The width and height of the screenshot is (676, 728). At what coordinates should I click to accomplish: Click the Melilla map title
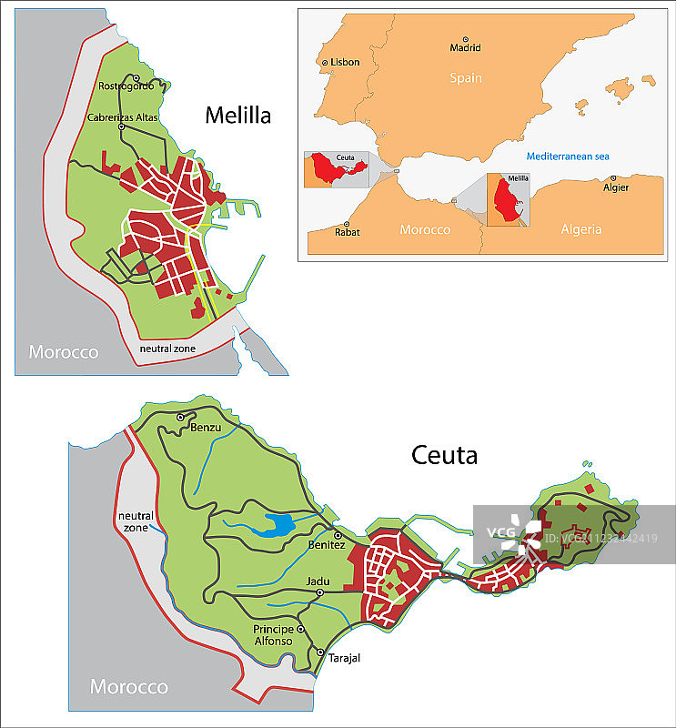click(x=237, y=115)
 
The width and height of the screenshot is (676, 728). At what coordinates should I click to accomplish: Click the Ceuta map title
click(x=444, y=455)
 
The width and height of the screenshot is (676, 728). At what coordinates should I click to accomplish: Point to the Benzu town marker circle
click(x=181, y=417)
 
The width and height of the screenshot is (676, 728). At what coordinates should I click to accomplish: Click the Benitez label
click(x=328, y=544)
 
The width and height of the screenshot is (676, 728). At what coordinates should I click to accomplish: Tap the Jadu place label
click(x=318, y=581)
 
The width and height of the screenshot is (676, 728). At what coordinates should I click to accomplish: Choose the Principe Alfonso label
click(x=273, y=635)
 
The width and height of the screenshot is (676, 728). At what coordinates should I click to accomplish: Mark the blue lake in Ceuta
click(x=274, y=524)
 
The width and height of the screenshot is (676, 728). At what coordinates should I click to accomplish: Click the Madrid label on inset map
click(x=465, y=48)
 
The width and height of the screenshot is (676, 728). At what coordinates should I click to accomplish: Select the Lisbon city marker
click(x=325, y=63)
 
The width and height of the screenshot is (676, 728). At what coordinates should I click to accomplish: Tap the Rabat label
click(x=347, y=232)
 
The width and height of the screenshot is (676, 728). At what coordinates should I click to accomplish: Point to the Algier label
click(x=616, y=188)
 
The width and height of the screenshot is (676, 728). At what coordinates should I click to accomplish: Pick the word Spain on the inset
click(x=465, y=78)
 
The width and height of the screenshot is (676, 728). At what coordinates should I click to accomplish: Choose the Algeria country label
click(x=581, y=229)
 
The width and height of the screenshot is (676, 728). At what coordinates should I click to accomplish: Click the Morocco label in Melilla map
click(x=63, y=352)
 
